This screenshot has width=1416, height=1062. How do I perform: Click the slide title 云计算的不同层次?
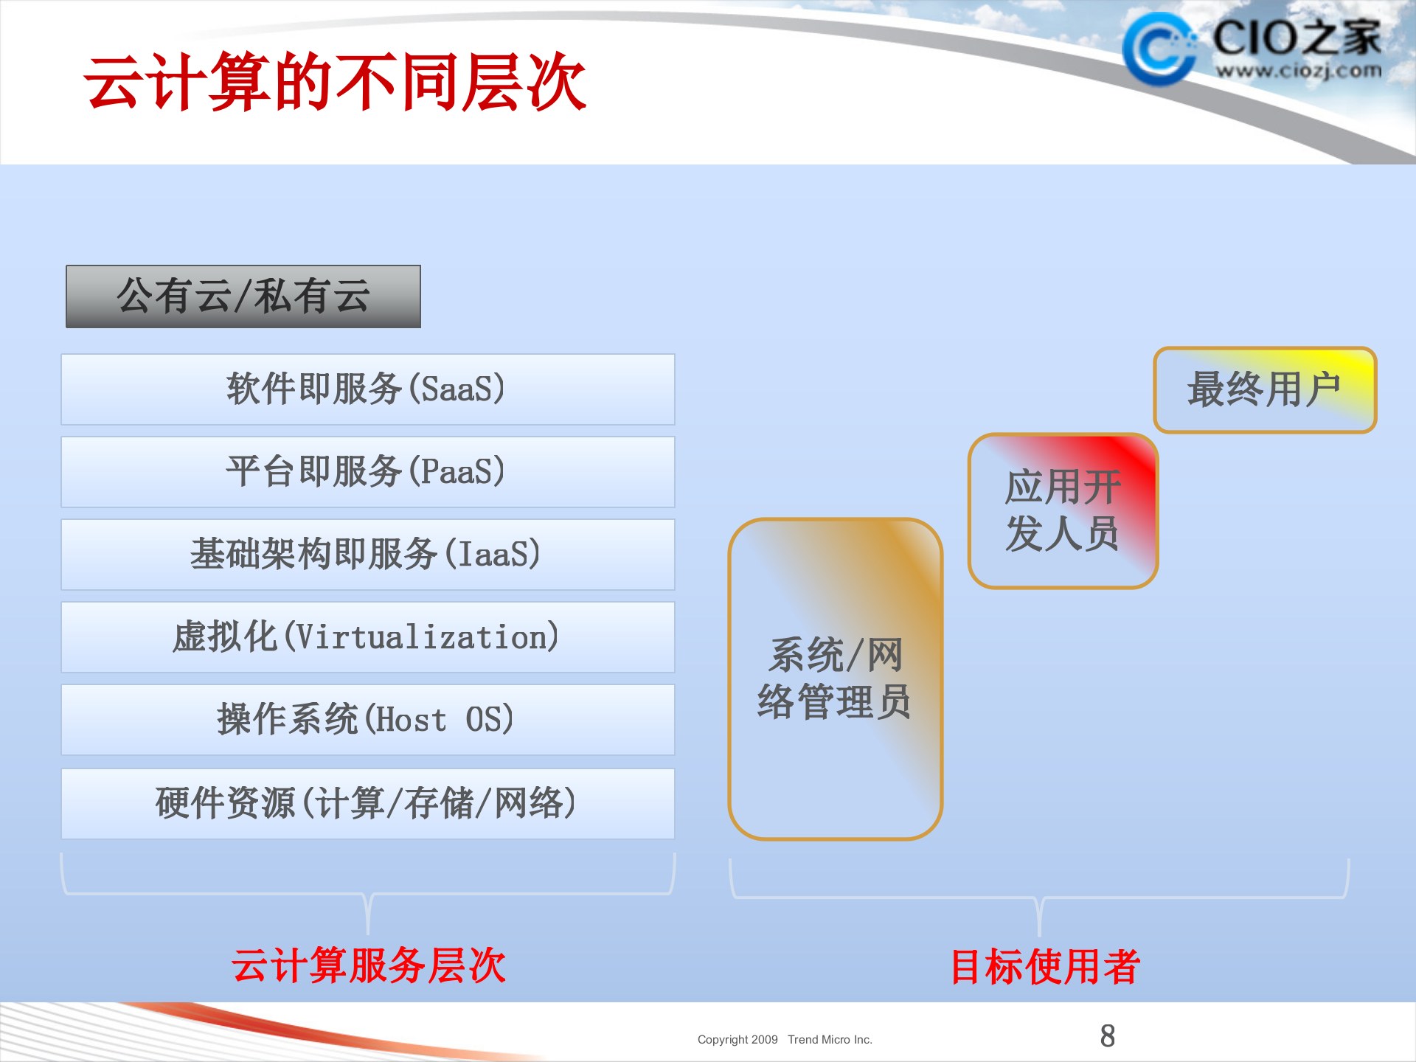point(336,83)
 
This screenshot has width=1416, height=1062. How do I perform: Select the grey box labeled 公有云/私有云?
point(243,296)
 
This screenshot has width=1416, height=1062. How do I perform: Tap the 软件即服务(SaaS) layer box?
point(367,389)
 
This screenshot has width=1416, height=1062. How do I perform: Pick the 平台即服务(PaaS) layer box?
point(367,472)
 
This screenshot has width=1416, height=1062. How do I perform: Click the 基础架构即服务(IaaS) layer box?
point(367,555)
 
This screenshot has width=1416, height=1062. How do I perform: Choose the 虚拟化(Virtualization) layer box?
point(367,637)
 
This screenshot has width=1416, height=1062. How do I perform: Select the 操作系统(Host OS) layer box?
point(367,720)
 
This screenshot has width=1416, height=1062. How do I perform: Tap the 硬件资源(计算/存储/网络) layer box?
point(367,804)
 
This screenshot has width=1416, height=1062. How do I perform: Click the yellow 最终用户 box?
point(1265,389)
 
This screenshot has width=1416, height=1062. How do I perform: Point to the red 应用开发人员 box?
point(1063,510)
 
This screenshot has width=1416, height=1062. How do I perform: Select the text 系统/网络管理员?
point(835,678)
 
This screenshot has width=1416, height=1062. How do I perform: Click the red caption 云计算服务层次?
point(369,965)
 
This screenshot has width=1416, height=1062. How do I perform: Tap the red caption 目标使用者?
point(1045,967)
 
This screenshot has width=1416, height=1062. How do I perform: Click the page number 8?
point(1107,1036)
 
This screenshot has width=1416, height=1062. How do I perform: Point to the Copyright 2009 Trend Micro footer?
point(785,1040)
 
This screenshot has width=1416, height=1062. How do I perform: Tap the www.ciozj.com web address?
point(1298,71)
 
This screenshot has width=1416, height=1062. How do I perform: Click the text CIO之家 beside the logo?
point(1297,37)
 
